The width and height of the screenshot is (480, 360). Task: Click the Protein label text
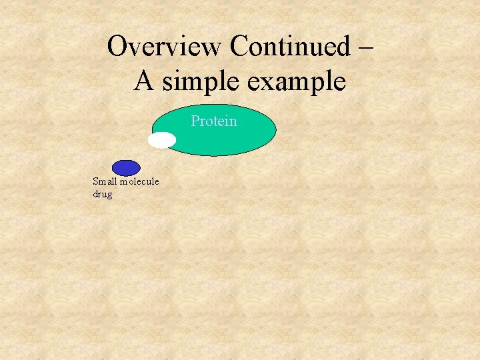click(214, 121)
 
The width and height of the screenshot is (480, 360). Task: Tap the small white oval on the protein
click(162, 140)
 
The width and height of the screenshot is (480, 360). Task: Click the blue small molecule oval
click(126, 168)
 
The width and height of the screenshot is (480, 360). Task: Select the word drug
click(103, 194)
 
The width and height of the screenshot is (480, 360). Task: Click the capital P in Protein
click(195, 121)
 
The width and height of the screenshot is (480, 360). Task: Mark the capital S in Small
click(96, 181)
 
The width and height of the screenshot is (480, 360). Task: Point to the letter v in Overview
click(138, 48)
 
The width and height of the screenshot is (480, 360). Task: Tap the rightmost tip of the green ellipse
click(275, 130)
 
